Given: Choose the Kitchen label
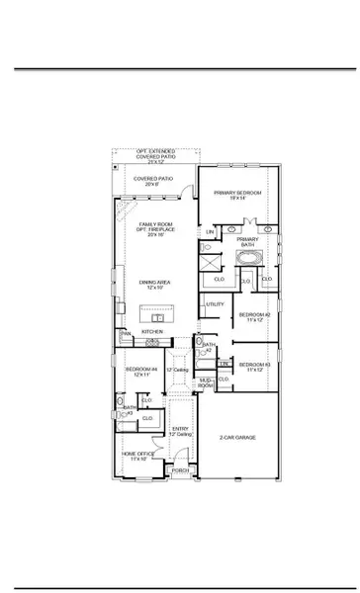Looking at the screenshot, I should (x=152, y=331).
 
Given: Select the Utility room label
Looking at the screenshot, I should (x=215, y=304).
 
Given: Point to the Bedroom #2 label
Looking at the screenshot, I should (x=252, y=316).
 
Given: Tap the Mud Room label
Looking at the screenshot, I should (x=207, y=381).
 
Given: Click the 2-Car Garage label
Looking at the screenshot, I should (x=237, y=436).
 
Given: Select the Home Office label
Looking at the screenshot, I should (x=135, y=456).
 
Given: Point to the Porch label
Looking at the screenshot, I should (x=180, y=471).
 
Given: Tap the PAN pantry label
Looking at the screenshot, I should (x=127, y=334).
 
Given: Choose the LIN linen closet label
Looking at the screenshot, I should (x=210, y=233).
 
